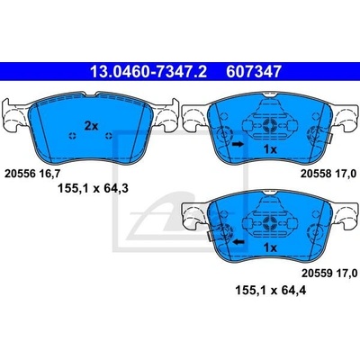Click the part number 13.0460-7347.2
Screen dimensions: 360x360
pos(148,71)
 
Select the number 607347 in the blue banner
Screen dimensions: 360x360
pos(254,71)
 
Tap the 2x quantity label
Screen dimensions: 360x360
pos(91,126)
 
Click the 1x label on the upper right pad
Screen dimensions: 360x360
pos(270,149)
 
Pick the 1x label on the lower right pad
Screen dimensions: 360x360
pos(270,247)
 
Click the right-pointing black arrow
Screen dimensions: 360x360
pos(238,144)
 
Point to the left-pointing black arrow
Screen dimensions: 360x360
pos(239,241)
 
